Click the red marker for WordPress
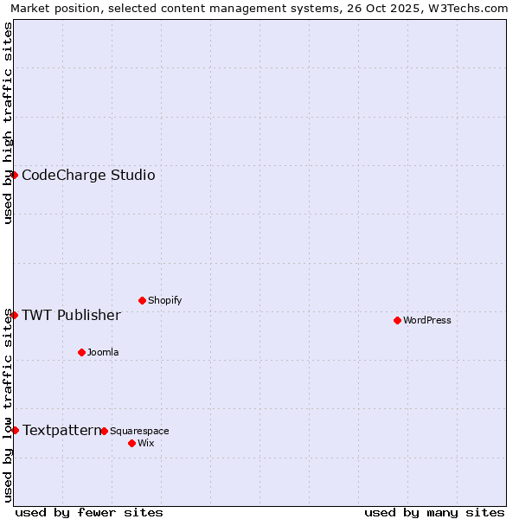(397, 320)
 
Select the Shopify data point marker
(142, 300)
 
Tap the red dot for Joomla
(81, 352)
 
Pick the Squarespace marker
(104, 431)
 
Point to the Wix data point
(131, 443)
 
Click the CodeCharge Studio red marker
(14, 175)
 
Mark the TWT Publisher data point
(14, 315)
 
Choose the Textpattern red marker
(15, 430)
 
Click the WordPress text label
(427, 321)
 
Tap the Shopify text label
(165, 301)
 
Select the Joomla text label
(103, 353)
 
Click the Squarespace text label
(139, 432)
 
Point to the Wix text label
(145, 444)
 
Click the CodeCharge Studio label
(88, 176)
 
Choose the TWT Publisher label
(71, 316)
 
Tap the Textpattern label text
(61, 431)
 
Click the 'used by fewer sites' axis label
(89, 513)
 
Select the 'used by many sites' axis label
(434, 513)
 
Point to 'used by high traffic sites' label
(9, 123)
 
